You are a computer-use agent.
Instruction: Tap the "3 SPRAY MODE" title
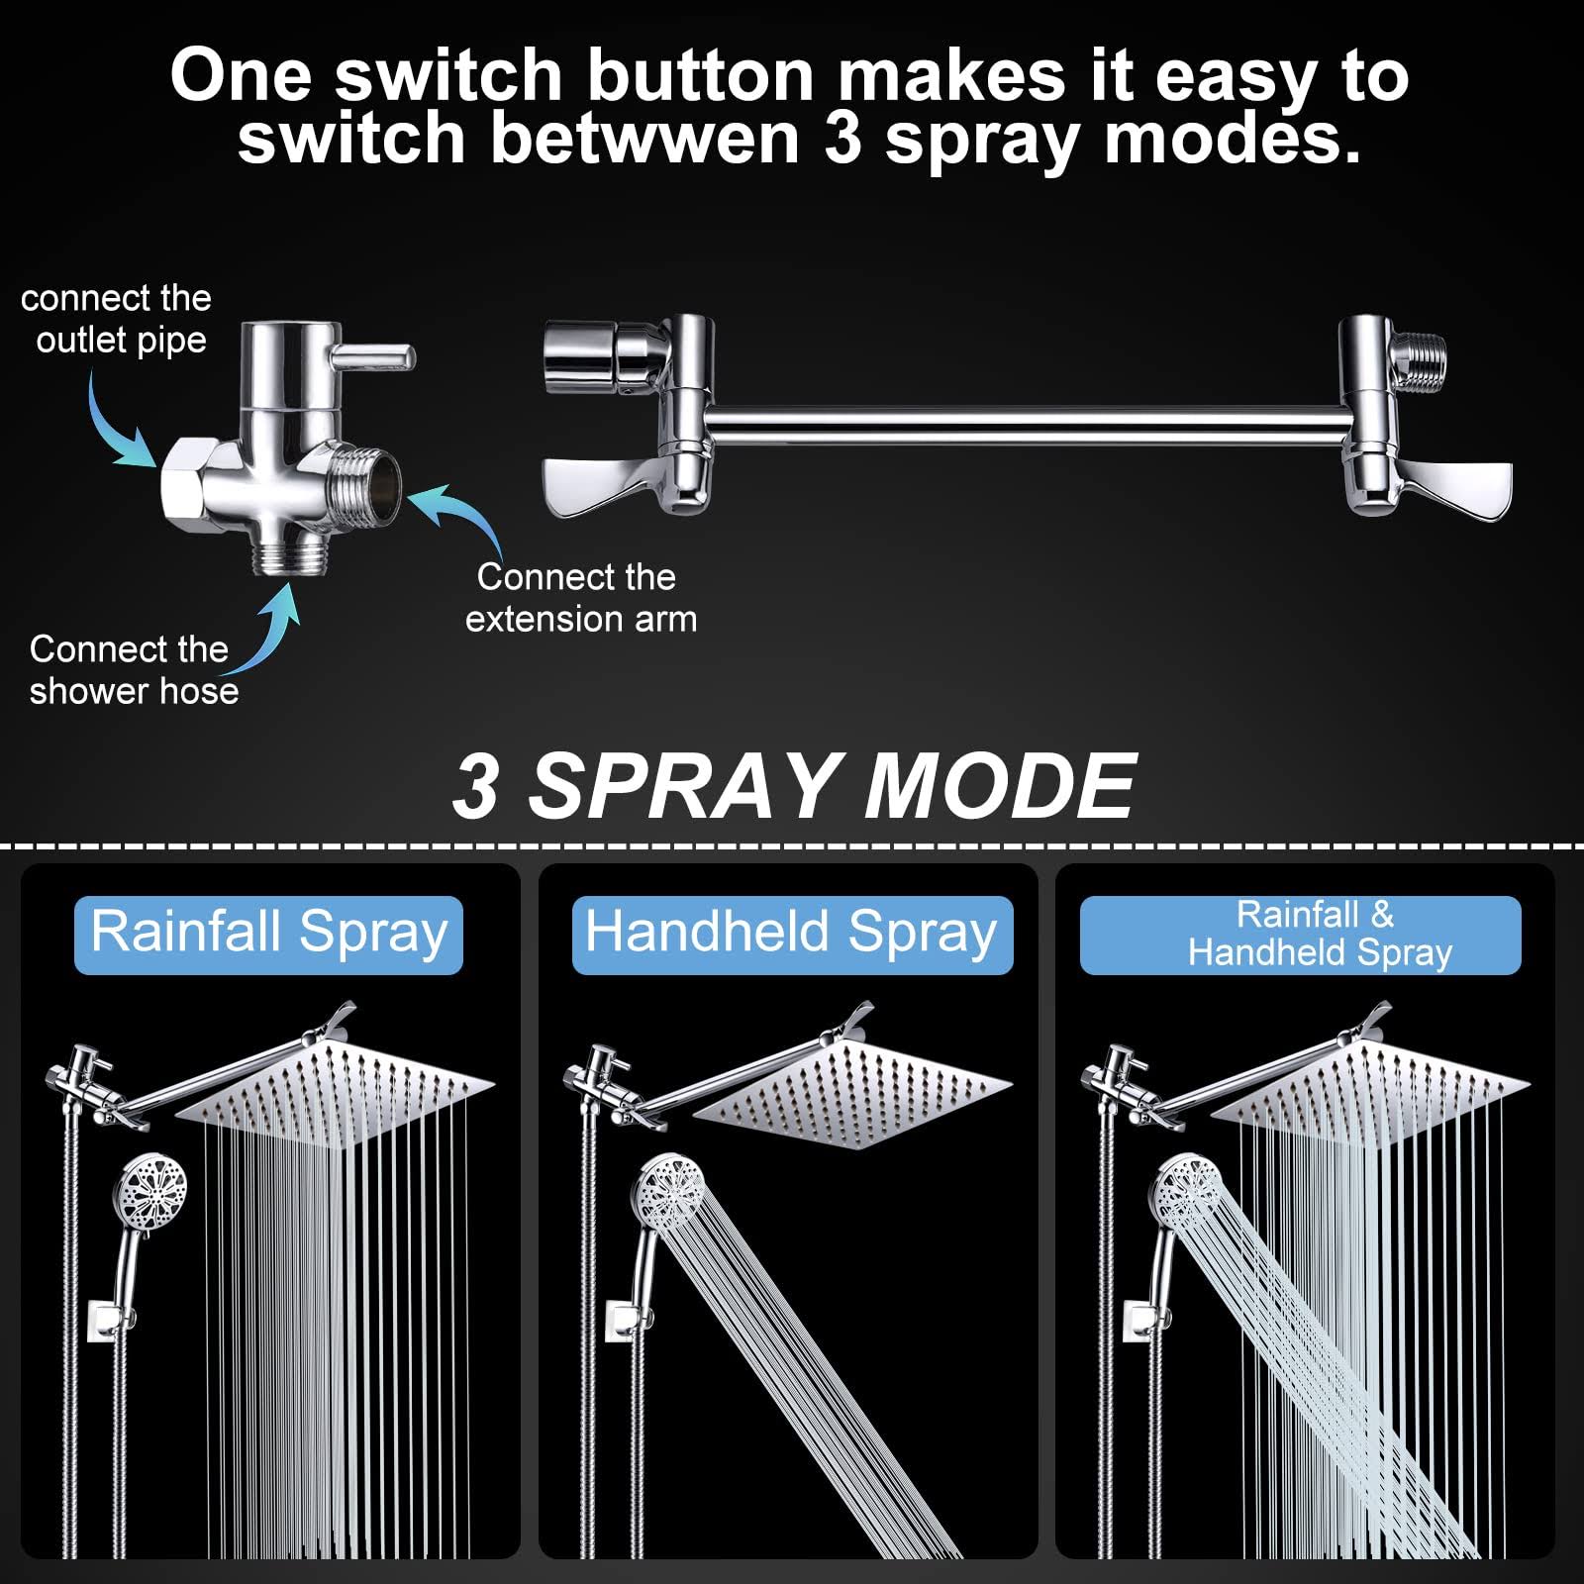pos(794,785)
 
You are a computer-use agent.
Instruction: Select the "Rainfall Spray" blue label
pos(268,936)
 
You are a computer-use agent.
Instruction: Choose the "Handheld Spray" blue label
pos(792,936)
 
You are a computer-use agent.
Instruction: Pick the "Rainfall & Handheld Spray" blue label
pos(1300,936)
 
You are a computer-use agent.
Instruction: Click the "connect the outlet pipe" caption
pos(117,319)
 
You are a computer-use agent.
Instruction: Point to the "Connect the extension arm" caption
pos(581,598)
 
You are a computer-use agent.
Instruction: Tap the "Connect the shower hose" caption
pos(134,670)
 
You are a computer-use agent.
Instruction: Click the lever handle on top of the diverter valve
pos(373,356)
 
